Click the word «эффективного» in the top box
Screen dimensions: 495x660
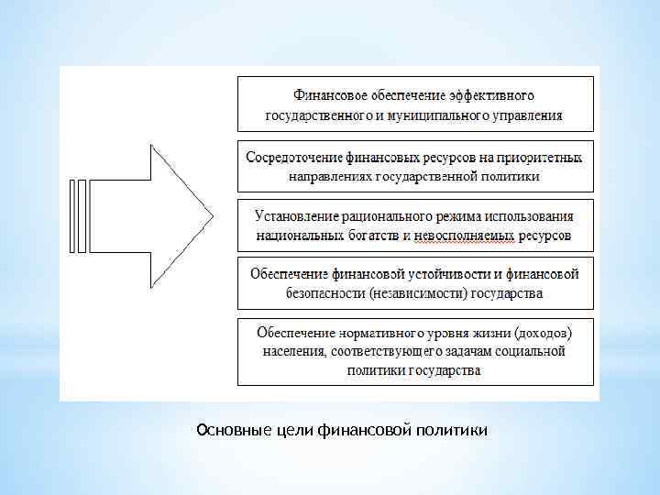click(491, 94)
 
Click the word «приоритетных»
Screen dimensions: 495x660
click(542, 157)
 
